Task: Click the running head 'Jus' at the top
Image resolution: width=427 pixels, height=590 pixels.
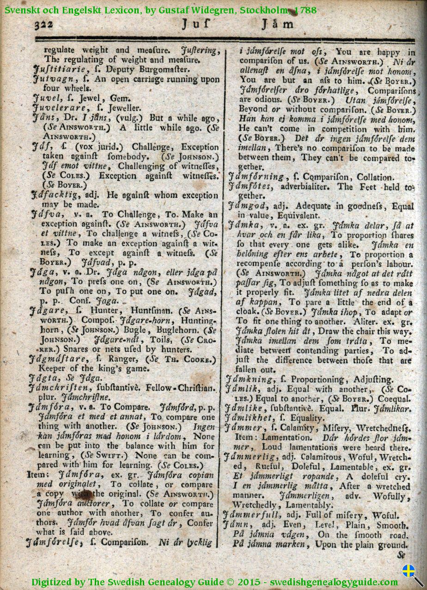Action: (x=196, y=24)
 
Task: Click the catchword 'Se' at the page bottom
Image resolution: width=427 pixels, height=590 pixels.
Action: (x=401, y=554)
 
